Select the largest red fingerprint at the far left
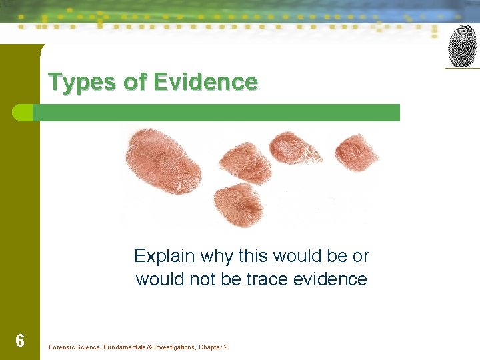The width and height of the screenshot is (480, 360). [163, 162]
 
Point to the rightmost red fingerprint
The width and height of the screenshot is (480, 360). [356, 153]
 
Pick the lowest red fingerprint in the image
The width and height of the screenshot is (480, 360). [239, 203]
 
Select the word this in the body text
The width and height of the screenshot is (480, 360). [251, 256]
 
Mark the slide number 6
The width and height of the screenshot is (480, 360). [20, 341]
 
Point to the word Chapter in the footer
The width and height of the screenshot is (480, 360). [210, 347]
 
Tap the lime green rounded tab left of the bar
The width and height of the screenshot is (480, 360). [23, 113]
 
